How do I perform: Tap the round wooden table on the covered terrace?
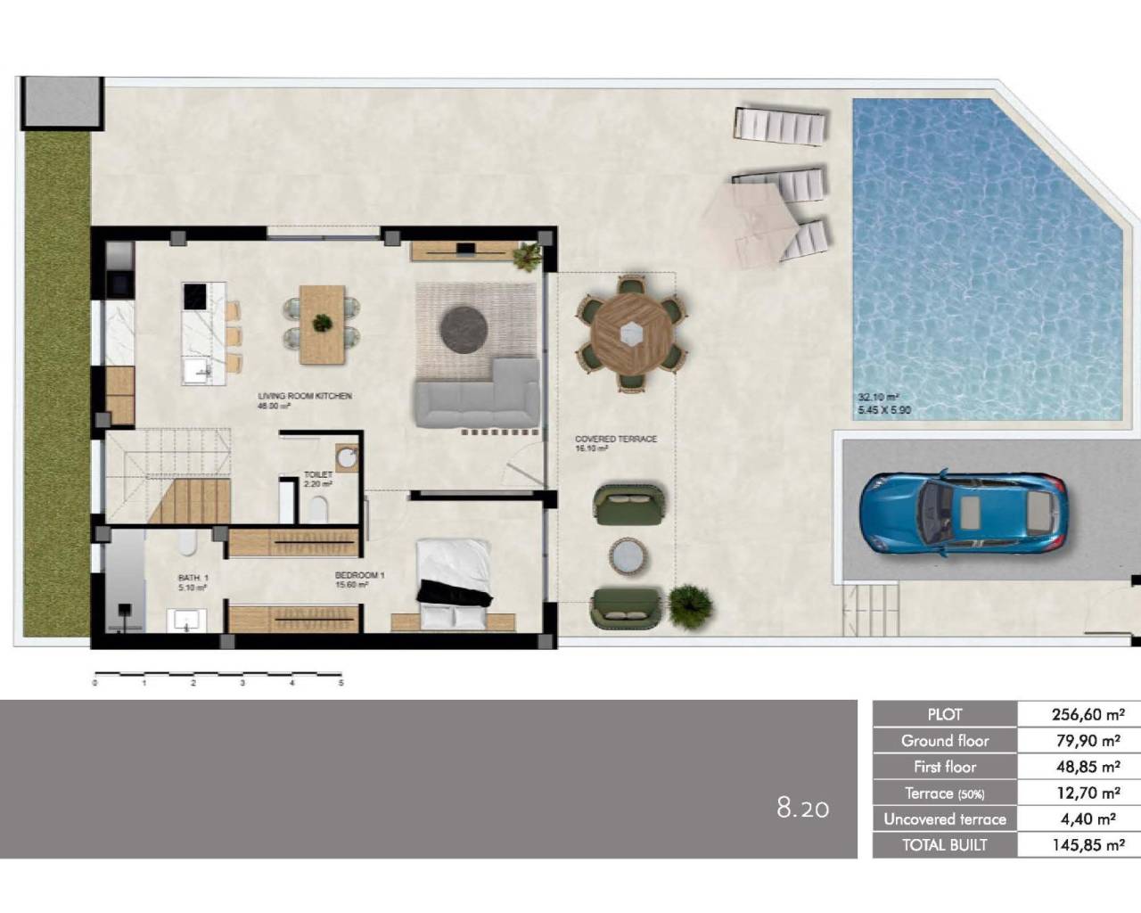[x=633, y=333]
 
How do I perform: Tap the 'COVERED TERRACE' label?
[x=616, y=440]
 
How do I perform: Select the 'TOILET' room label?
[x=317, y=475]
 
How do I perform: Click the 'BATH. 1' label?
[x=193, y=579]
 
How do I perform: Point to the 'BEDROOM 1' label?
[x=359, y=576]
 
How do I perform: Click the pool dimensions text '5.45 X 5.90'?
[x=884, y=411]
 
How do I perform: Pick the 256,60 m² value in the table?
[x=1088, y=714]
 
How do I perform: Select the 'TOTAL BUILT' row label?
[x=944, y=845]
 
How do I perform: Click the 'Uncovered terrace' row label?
[x=944, y=819]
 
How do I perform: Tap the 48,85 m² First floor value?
[x=1088, y=767]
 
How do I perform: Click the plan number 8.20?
[x=802, y=809]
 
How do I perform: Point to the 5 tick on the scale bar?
[x=341, y=683]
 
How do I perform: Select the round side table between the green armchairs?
[x=628, y=556]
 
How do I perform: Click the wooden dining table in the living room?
[x=322, y=325]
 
